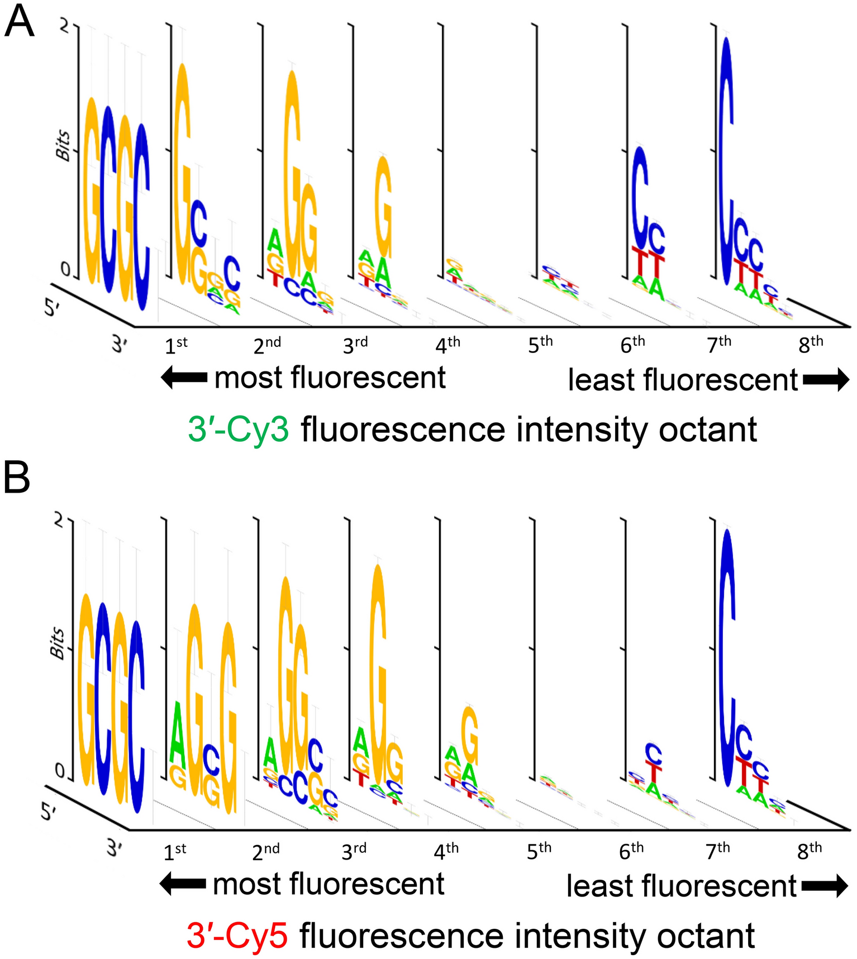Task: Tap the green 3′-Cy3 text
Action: (239, 430)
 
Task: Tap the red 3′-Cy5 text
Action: (237, 936)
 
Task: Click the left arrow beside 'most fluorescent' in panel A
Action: (184, 378)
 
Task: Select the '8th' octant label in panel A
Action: (811, 345)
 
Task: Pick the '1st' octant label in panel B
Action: (174, 851)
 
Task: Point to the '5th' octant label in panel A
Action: (540, 345)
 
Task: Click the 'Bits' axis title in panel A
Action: (64, 146)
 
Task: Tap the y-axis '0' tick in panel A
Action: (65, 270)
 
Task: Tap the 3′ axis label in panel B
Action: (115, 848)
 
